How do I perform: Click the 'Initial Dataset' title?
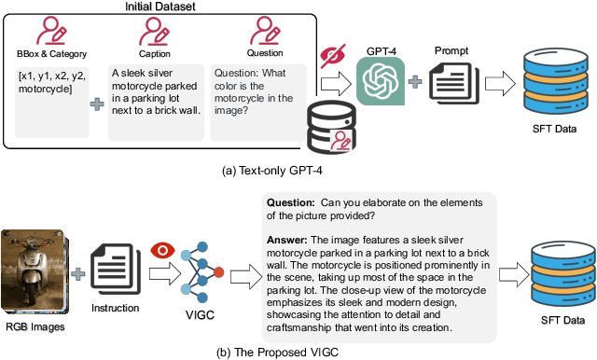[x=154, y=7]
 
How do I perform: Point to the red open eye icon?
[x=161, y=249]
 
